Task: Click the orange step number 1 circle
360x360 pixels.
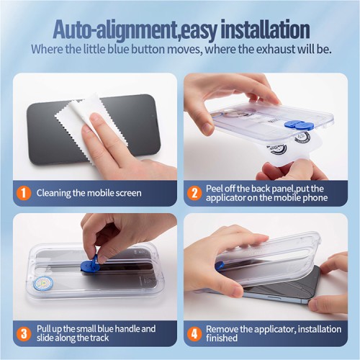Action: (24, 193)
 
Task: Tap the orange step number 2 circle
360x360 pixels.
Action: (194, 193)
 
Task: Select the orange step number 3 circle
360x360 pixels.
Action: (24, 333)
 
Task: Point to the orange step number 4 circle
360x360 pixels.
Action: (194, 333)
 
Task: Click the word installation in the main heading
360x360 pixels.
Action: (265, 30)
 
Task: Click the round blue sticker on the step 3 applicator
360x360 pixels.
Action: (40, 284)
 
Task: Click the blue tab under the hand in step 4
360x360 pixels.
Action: (220, 266)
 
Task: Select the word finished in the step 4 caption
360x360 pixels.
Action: (222, 338)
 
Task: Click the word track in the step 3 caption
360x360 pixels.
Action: (99, 338)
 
